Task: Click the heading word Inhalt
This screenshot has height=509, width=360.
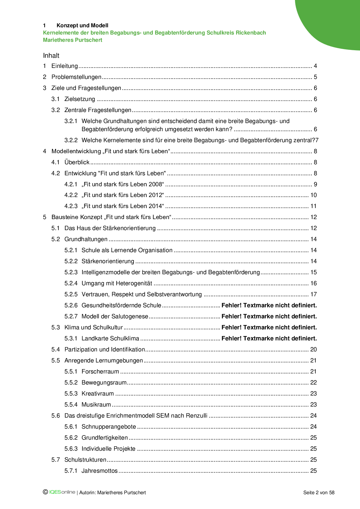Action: (x=51, y=55)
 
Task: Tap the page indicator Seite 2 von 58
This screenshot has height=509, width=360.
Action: (x=318, y=492)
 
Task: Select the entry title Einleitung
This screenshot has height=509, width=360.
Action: (x=64, y=66)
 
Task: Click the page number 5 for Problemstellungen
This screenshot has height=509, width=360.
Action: (x=315, y=77)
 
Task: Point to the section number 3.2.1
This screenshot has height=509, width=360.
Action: (x=71, y=121)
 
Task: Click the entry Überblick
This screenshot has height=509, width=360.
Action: (x=77, y=162)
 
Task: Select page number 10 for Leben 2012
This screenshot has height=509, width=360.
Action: (x=314, y=195)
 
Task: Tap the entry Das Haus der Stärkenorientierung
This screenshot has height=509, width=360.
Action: (x=110, y=228)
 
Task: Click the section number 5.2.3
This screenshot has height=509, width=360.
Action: (x=71, y=272)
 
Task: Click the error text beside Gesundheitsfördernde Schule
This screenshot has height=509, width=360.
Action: (x=269, y=305)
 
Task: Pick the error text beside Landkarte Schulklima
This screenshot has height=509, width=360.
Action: (x=269, y=338)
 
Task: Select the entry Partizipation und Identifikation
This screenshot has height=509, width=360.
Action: (x=105, y=349)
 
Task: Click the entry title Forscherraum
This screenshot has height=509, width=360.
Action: (x=100, y=371)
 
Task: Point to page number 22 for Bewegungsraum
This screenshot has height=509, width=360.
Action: (x=314, y=382)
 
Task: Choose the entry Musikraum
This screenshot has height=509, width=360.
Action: (x=96, y=405)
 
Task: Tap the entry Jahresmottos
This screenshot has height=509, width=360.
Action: (x=100, y=471)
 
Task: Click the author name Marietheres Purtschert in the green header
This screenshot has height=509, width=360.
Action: (x=73, y=40)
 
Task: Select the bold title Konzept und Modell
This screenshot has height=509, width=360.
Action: (x=82, y=26)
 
